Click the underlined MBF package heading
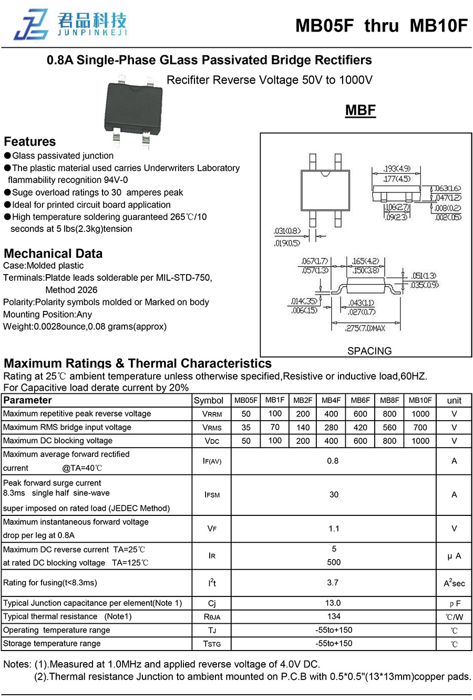tap(361, 110)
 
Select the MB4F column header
tap(331, 400)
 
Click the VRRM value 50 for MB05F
tap(246, 414)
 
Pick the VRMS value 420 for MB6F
tap(361, 428)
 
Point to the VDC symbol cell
tap(212, 441)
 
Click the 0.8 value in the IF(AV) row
tap(333, 461)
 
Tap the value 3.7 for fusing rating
tap(333, 583)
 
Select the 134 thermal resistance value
tap(334, 616)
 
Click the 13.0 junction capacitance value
tap(333, 603)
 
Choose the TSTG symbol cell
tap(212, 644)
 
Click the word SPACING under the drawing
tap(369, 351)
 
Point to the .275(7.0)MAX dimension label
tap(365, 328)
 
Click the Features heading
tap(29, 141)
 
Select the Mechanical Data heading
tap(53, 253)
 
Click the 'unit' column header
tap(454, 400)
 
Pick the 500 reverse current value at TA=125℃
tap(334, 562)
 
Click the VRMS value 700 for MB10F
tap(420, 428)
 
